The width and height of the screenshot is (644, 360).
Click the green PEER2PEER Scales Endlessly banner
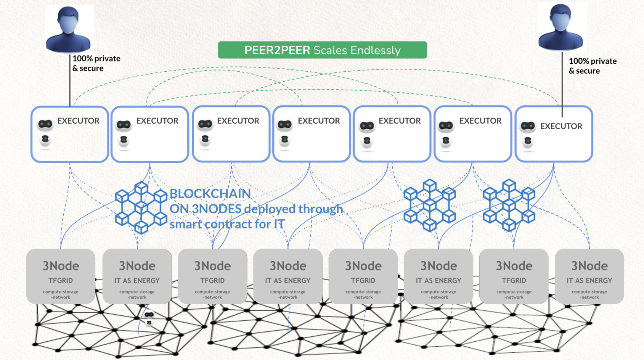[x=322, y=50]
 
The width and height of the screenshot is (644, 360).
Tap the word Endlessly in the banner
[x=375, y=50]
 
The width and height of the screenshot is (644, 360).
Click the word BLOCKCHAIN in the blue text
[x=210, y=194]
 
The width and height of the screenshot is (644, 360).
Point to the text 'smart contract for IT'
[x=227, y=224]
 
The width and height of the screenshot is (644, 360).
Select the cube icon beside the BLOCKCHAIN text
[x=141, y=207]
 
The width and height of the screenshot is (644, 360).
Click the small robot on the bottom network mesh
[x=149, y=318]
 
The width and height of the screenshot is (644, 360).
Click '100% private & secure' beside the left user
[x=96, y=63]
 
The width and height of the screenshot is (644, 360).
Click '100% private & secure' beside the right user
[x=592, y=66]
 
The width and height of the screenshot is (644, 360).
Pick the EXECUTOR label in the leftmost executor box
[x=78, y=121]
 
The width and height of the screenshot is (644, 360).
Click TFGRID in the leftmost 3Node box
[x=61, y=281]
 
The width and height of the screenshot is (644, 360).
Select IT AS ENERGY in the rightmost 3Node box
[x=589, y=281]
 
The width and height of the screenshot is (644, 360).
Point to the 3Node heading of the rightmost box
[x=589, y=266]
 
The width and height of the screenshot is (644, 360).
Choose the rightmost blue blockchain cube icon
[x=509, y=205]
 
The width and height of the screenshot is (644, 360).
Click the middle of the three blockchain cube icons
[x=430, y=205]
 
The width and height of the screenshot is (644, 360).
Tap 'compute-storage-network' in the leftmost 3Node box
[x=61, y=294]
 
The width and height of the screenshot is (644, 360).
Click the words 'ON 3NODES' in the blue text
[x=206, y=209]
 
